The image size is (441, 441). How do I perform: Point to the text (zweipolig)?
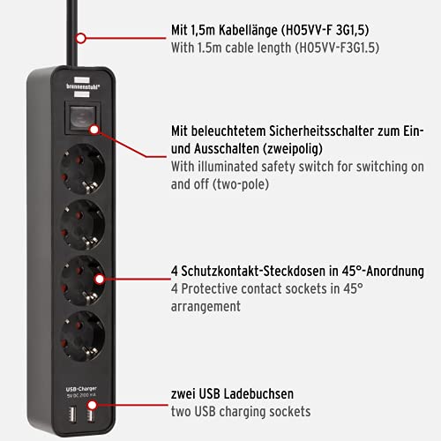pyautogui.click(x=300, y=147)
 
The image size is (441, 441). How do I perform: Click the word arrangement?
pyautogui.click(x=206, y=307)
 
